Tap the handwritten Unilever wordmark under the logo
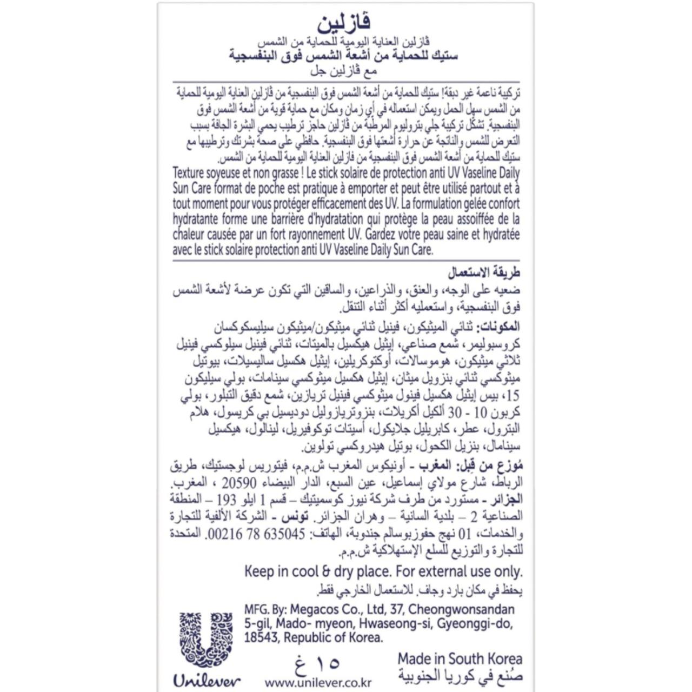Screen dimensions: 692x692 pos(207,681)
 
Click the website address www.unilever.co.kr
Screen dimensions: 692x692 pos(318,682)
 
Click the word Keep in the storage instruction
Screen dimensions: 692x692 pos(259,571)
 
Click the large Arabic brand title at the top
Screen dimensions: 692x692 pos(344,23)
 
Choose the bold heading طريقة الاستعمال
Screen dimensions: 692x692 pos(484,272)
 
